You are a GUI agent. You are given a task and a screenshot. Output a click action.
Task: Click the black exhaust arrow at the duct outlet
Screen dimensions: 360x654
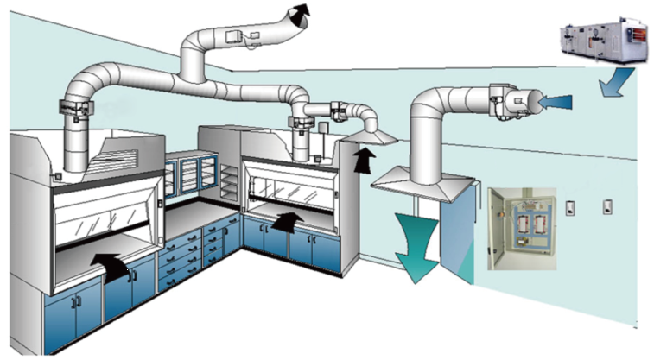(x=299, y=15)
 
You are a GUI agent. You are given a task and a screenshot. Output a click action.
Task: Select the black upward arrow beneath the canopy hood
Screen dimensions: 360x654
(x=366, y=159)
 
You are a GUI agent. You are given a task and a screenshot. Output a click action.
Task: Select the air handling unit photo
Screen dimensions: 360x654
(x=600, y=41)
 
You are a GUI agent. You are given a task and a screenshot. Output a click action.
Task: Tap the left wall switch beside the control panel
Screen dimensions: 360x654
(x=570, y=207)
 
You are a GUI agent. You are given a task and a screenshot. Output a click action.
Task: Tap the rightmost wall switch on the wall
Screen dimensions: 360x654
(x=608, y=207)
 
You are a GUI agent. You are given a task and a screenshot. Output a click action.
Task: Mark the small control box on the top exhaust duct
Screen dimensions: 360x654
(x=235, y=37)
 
